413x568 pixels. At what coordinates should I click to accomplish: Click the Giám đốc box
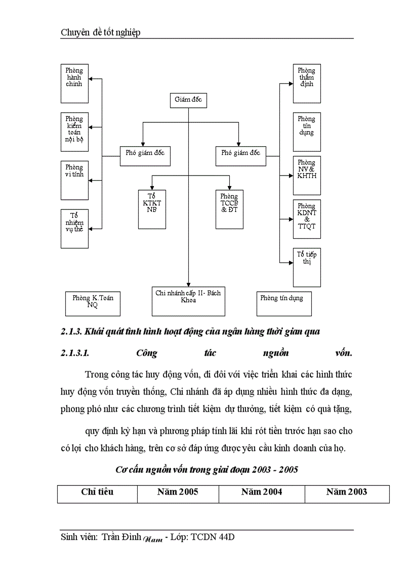pyautogui.click(x=188, y=100)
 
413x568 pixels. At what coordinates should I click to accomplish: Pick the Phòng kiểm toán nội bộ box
pyautogui.click(x=74, y=132)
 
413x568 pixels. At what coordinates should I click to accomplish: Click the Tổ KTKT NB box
pyautogui.click(x=152, y=209)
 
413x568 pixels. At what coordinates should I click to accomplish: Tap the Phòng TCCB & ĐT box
pyautogui.click(x=229, y=209)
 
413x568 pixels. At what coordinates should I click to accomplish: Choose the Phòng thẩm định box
pyautogui.click(x=306, y=82)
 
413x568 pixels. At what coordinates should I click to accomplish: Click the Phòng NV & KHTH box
pyautogui.click(x=306, y=175)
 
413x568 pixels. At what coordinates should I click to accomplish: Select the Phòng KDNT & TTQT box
pyautogui.click(x=306, y=219)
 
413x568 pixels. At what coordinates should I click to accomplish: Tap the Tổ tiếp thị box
pyautogui.click(x=306, y=267)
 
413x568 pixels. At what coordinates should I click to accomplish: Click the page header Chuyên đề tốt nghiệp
pyautogui.click(x=100, y=32)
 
